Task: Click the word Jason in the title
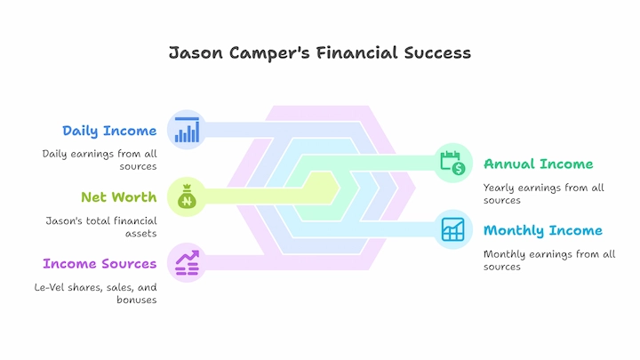pos(196,53)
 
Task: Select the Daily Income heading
pos(109,131)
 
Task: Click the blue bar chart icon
pos(187,130)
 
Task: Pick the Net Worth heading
pos(119,197)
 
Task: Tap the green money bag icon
pos(187,196)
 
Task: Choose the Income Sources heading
pos(100,264)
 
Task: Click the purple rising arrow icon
pos(187,263)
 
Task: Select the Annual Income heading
pos(539,164)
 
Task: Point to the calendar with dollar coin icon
pos(452,163)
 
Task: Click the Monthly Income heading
pos(543,230)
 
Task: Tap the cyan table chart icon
pos(452,229)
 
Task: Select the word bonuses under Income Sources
pos(137,300)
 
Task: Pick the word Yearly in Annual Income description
pos(499,188)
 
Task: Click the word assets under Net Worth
pos(140,234)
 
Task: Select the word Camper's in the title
pos(269,53)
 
